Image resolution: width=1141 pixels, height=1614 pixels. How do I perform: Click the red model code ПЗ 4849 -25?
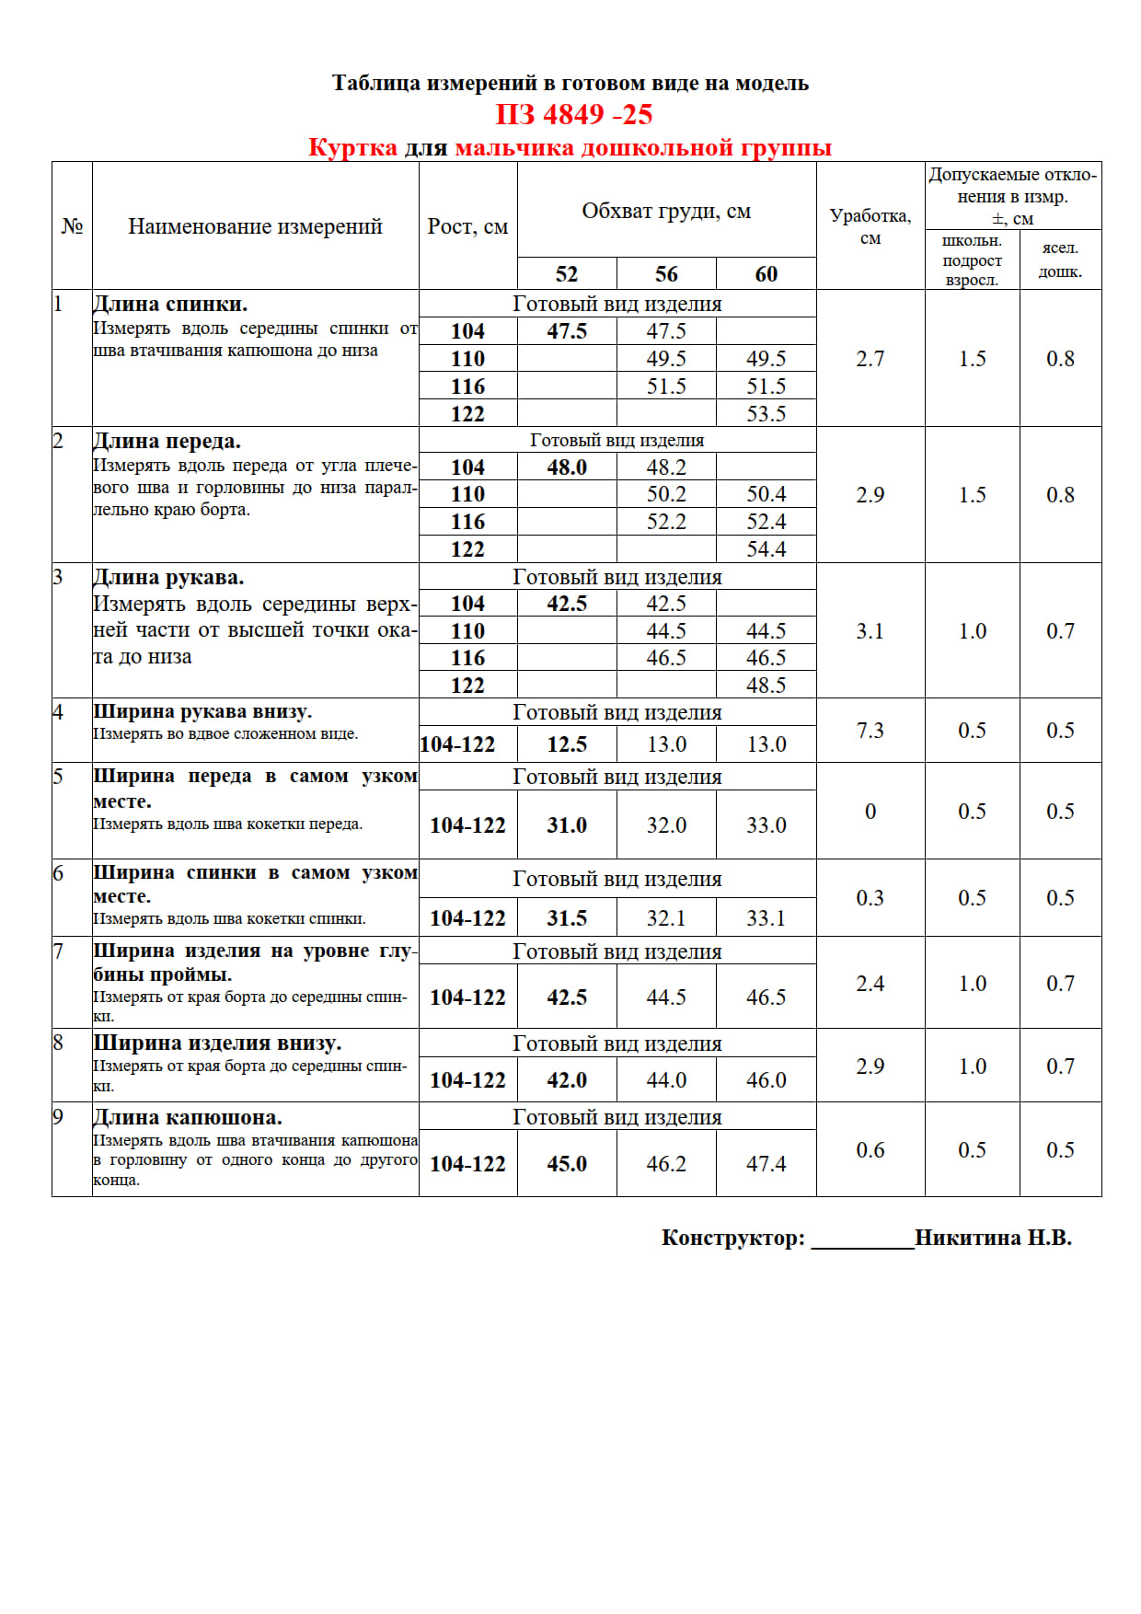point(574,115)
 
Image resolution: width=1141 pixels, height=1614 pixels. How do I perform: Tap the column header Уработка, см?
point(870,226)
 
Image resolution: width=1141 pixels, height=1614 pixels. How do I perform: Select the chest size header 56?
point(666,274)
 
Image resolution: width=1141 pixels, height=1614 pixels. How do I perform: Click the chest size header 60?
point(766,274)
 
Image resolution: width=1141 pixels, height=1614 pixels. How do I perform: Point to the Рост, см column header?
point(467,226)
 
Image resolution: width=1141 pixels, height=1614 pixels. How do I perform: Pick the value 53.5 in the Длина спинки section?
point(766,414)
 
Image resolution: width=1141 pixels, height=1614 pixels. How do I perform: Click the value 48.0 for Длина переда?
point(567,467)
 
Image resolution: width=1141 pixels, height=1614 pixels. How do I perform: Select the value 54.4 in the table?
point(766,549)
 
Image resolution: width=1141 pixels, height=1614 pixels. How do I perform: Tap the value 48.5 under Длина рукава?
point(766,686)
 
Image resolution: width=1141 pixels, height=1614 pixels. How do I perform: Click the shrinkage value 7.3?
point(870,731)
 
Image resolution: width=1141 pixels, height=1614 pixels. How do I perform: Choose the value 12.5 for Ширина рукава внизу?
point(567,744)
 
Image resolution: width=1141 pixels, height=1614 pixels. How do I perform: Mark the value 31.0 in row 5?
point(567,825)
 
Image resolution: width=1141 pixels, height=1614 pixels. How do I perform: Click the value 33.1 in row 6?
point(766,918)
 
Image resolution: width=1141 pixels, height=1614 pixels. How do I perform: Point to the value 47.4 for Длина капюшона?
point(766,1164)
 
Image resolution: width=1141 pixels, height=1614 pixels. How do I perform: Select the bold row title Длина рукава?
point(168,578)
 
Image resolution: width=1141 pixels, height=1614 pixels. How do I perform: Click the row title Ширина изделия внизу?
point(217,1043)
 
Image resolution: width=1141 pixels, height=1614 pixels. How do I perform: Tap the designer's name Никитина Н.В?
point(993,1238)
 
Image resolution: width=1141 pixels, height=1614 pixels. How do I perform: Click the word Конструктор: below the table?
point(733,1238)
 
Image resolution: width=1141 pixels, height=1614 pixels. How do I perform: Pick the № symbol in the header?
point(72,226)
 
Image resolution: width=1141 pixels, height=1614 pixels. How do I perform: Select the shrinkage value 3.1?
point(870,631)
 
